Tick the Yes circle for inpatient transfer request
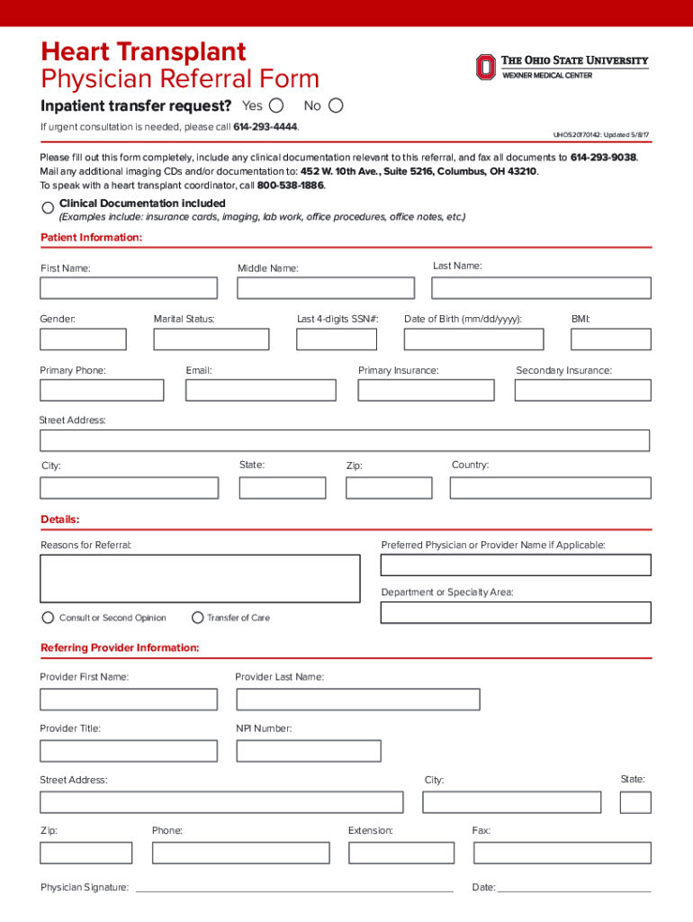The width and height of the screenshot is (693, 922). (276, 105)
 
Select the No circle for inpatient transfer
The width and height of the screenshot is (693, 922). (336, 105)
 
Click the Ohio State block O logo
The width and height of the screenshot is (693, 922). (485, 68)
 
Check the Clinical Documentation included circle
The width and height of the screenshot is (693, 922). (48, 208)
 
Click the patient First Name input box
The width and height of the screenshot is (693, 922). (129, 288)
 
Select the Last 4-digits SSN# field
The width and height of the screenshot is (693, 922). (337, 339)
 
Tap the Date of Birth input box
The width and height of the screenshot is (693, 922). (473, 339)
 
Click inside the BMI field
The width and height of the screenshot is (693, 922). (611, 339)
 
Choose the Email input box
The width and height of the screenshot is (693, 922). (261, 390)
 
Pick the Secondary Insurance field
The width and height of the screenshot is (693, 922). (582, 390)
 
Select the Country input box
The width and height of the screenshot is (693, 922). (550, 488)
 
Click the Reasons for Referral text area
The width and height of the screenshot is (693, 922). (200, 578)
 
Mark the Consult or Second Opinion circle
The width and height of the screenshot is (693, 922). (48, 618)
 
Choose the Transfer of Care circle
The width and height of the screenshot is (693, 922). (198, 618)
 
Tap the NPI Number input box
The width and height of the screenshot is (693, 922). (309, 751)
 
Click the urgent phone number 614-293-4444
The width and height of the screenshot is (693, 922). (265, 127)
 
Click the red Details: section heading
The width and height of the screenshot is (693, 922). (60, 520)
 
